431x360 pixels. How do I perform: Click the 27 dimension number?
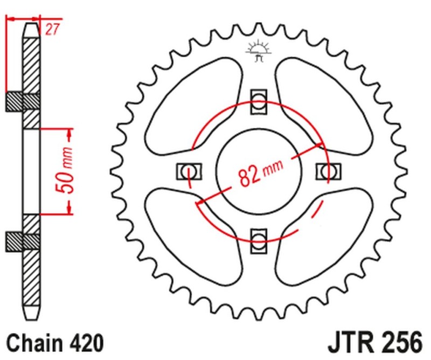pos(52,30)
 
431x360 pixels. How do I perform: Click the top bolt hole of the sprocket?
pos(259,101)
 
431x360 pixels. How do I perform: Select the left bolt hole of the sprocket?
pos(189,171)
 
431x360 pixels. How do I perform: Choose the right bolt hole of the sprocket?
pos(328,171)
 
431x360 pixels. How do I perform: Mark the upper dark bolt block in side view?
pos(23,102)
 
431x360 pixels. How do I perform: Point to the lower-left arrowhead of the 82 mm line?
pos(200,202)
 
